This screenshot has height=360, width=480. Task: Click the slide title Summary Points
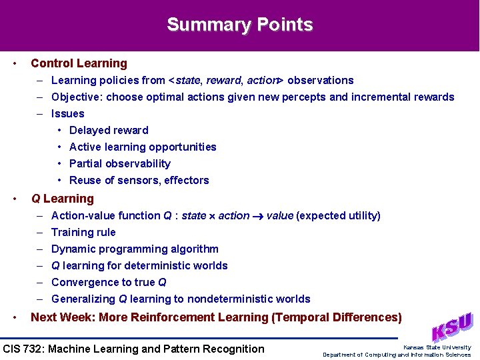click(x=239, y=25)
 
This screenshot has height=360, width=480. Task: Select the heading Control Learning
click(x=79, y=63)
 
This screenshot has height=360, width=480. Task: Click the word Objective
click(x=76, y=97)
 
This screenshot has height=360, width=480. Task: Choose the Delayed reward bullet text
click(x=109, y=130)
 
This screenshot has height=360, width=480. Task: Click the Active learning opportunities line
click(x=143, y=147)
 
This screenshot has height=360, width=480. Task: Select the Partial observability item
click(x=120, y=163)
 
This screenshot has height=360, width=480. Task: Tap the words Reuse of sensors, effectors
click(x=139, y=180)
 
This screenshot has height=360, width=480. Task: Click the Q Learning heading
click(x=63, y=199)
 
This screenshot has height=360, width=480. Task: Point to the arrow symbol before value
click(x=257, y=216)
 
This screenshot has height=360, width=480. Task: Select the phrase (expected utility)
click(x=338, y=215)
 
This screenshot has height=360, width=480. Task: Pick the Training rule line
click(x=83, y=232)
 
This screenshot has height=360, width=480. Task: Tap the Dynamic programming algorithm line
click(x=135, y=249)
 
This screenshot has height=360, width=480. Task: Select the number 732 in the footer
click(x=37, y=349)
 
